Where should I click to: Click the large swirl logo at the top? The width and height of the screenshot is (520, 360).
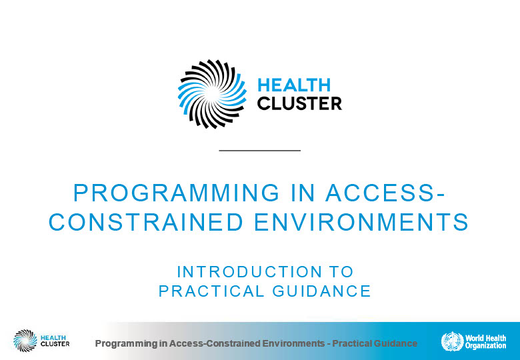(212, 94)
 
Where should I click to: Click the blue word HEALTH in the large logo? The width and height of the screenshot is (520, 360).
(294, 85)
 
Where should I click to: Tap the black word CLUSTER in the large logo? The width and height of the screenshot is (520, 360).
(299, 103)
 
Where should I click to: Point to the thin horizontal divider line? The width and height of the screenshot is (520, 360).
(260, 151)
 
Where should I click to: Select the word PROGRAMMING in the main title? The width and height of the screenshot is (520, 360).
(177, 193)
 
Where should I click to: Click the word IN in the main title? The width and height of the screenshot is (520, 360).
(303, 193)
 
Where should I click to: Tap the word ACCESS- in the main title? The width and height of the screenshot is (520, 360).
(385, 193)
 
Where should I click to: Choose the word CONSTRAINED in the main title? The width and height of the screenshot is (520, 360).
(146, 222)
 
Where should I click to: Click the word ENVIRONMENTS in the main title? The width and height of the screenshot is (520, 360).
(361, 222)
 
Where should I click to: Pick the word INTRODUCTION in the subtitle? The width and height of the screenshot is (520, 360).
(250, 272)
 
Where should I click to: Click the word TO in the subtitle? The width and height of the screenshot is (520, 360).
(341, 272)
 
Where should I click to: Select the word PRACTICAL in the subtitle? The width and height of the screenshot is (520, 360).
(211, 291)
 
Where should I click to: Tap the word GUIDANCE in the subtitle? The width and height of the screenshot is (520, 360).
(322, 291)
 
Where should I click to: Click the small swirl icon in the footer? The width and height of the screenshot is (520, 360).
(25, 341)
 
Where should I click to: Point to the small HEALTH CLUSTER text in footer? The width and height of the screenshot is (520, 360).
(55, 341)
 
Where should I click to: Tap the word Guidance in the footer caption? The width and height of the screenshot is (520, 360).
(395, 343)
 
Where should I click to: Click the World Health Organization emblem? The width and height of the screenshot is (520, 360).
(453, 341)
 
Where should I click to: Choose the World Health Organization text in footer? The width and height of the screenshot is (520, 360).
(485, 342)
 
